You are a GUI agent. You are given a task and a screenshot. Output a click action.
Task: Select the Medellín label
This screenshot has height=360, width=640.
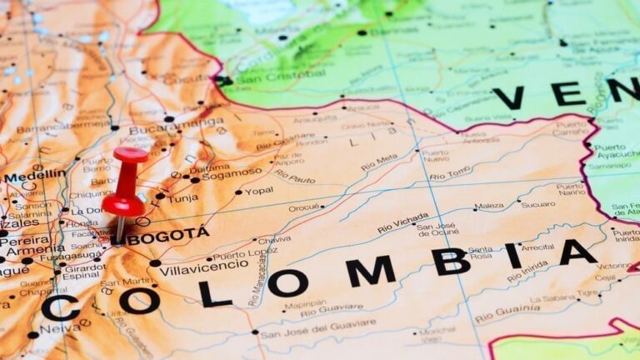click(34, 176)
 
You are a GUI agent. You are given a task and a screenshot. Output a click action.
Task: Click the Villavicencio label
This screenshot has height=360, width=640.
click(203, 267)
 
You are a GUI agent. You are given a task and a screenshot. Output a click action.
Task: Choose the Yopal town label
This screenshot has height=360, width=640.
click(258, 191)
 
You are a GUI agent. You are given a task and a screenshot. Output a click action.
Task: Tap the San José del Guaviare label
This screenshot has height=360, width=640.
click(317, 331)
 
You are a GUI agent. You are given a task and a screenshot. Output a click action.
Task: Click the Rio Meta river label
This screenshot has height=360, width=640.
click(379, 162)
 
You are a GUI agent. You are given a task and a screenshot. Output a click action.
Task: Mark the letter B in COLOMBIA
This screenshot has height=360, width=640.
click(450, 261)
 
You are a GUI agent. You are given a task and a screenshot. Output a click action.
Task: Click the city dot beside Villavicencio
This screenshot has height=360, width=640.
click(156, 263)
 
